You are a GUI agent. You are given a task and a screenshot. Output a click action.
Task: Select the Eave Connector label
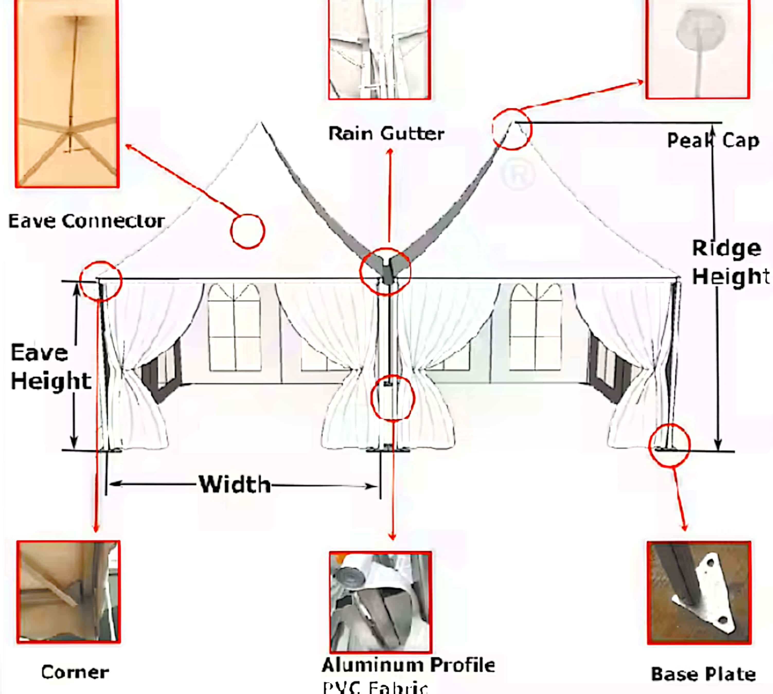click(x=87, y=221)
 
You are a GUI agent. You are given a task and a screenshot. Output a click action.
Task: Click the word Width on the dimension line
click(x=235, y=485)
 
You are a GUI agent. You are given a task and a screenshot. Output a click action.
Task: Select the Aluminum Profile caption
click(x=408, y=665)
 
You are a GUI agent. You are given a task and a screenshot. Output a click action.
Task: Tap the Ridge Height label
click(x=728, y=262)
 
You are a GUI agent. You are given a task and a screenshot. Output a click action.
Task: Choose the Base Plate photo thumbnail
click(x=699, y=593)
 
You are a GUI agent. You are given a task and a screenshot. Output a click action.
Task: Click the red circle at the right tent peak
click(x=511, y=129)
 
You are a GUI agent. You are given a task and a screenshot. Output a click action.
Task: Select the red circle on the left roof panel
click(x=247, y=231)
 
